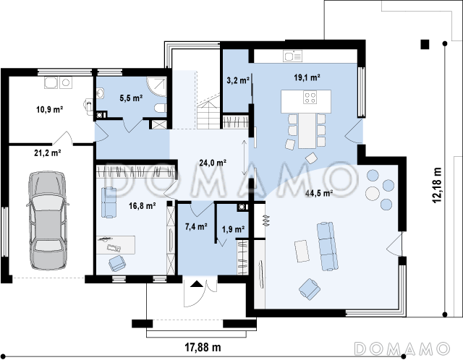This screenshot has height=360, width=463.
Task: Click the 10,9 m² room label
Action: [50, 109]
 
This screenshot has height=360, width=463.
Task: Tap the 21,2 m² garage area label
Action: [48, 153]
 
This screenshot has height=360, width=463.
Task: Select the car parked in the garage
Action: [48, 220]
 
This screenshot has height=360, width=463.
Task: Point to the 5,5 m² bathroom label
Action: [131, 98]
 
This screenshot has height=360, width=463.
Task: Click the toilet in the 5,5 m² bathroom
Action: [161, 108]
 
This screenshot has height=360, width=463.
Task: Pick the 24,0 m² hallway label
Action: [213, 163]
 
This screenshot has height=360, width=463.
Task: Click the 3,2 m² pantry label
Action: [238, 80]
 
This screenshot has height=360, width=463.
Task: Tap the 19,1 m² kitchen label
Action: [307, 77]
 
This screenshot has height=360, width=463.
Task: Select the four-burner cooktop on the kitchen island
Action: [310, 98]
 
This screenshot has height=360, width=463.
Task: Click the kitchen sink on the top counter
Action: [292, 56]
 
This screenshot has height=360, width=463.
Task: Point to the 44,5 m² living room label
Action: [319, 193]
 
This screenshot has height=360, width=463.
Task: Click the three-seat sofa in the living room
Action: [328, 246]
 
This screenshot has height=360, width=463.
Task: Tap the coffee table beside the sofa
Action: [302, 251]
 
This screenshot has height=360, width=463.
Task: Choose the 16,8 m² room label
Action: [143, 206]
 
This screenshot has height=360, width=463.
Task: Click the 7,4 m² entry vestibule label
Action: [196, 226]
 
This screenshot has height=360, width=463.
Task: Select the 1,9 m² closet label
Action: [233, 229]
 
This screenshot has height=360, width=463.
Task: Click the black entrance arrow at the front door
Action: [197, 284]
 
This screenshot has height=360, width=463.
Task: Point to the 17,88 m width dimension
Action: [203, 347]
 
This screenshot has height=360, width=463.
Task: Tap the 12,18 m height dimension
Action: [437, 185]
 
